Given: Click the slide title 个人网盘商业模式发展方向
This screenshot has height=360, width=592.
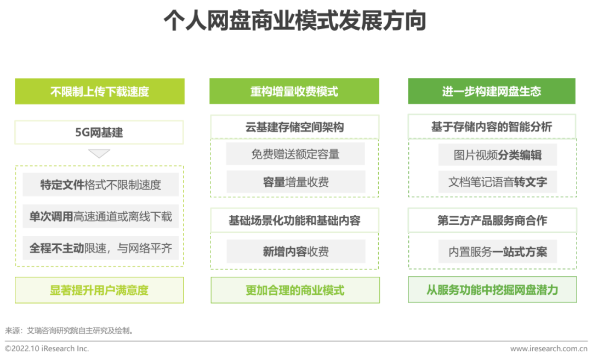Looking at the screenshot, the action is tap(295, 21).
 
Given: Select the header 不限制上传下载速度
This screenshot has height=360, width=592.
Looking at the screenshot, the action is tap(100, 92).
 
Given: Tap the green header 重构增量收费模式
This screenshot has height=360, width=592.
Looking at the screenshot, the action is tap(294, 92).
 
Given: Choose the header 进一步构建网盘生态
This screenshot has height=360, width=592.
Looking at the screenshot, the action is tap(492, 92).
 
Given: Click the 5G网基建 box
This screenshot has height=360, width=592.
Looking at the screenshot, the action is tap(99, 133).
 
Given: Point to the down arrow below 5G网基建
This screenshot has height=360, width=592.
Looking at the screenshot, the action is tap(99, 153).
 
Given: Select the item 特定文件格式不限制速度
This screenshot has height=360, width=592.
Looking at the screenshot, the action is tap(101, 185).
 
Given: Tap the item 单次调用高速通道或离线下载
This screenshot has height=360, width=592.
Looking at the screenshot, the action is tap(101, 216).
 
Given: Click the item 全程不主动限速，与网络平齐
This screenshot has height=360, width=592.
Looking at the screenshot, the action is tap(101, 248).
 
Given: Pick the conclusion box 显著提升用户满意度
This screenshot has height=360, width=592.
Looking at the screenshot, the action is tap(99, 290).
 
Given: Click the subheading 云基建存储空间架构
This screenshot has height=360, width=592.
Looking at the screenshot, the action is tap(294, 127).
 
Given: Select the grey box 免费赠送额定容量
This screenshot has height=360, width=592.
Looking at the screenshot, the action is tap(295, 154).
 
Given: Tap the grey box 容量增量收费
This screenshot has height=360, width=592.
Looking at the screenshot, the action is tap(295, 182).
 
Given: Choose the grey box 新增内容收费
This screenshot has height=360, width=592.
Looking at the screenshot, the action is tap(295, 252).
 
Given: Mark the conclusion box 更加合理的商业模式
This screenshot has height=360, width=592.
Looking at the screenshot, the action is tap(295, 290).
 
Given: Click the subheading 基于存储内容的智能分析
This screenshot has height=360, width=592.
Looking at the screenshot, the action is tap(492, 127).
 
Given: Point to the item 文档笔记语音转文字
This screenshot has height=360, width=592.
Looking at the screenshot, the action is tap(498, 182).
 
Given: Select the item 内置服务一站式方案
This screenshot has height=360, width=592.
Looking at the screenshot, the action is tap(498, 252).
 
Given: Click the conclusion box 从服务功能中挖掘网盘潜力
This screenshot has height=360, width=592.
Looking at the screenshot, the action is tap(492, 289).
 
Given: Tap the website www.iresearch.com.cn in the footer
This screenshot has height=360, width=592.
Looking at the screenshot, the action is tap(549, 348).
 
